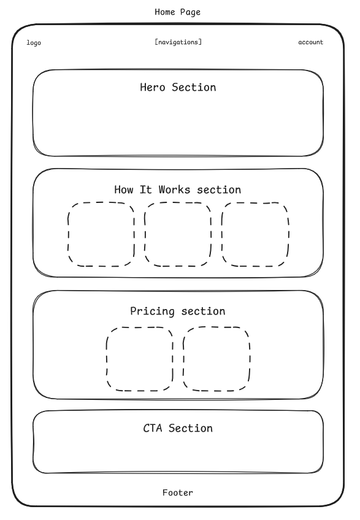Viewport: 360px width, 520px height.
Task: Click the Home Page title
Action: [177, 12]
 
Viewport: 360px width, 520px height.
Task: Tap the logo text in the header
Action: [34, 43]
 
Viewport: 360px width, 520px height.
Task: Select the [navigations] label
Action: [178, 42]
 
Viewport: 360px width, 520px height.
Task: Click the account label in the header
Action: [310, 42]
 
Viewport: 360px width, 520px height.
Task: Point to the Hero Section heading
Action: [178, 87]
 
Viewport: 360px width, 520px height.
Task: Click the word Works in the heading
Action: [175, 189]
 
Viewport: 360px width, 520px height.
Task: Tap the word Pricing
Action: [152, 312]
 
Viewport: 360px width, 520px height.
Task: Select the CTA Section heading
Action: [178, 428]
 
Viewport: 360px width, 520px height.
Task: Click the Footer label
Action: [178, 492]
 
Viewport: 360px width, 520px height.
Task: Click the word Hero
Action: [152, 87]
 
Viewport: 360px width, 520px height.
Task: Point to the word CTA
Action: [153, 428]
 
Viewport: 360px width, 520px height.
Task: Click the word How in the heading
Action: [123, 189]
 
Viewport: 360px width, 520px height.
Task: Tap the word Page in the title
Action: [191, 13]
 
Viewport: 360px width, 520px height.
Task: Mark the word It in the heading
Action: [146, 189]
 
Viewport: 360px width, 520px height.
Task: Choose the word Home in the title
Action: [164, 12]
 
